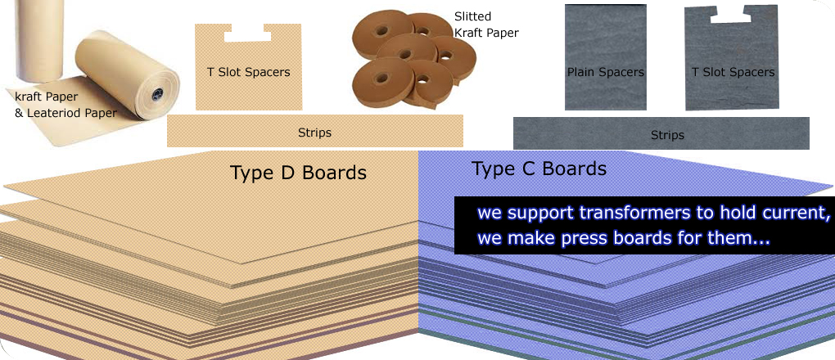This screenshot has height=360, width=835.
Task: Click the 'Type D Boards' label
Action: point(298,173)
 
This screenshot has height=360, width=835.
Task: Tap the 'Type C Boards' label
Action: point(539,169)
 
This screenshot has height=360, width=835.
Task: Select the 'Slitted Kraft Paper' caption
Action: point(485,25)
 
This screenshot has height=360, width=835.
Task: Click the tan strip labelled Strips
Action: point(314,131)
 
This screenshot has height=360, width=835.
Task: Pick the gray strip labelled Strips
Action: point(661,133)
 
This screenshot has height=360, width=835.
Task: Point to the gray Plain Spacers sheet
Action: point(606,57)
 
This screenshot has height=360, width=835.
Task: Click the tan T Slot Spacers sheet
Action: point(248,67)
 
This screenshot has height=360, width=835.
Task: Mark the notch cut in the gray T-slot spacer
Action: point(730,17)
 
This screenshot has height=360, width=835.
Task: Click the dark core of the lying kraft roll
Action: point(156,96)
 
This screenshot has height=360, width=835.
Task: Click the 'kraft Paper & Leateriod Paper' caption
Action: point(65,105)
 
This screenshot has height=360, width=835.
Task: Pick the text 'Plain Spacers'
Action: point(606,72)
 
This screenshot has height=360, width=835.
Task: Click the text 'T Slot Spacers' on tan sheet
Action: point(249,72)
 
